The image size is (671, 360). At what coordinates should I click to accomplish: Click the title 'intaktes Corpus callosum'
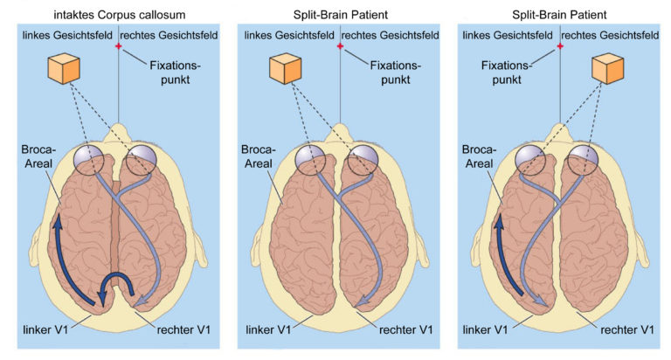(120, 15)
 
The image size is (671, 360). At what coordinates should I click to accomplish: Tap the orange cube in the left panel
(64, 68)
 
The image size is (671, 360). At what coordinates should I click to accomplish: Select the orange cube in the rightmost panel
(608, 68)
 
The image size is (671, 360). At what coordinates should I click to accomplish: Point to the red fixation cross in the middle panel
(340, 46)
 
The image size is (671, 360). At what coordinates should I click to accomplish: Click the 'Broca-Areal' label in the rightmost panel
(479, 156)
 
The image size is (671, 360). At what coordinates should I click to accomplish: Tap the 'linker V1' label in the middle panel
(268, 330)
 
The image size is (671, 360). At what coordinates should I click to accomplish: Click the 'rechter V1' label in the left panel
(183, 330)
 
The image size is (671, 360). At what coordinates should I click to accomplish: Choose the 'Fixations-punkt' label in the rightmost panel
(506, 73)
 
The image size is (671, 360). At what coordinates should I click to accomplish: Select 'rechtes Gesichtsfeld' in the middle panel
(391, 35)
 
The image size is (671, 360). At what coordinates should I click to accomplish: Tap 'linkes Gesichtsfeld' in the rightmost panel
(508, 35)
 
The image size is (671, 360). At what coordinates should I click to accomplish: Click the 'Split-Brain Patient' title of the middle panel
(340, 15)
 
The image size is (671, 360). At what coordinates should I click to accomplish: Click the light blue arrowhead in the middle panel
(362, 300)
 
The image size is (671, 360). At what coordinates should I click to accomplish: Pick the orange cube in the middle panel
(286, 68)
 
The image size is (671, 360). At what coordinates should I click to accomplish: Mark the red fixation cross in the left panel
(119, 46)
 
